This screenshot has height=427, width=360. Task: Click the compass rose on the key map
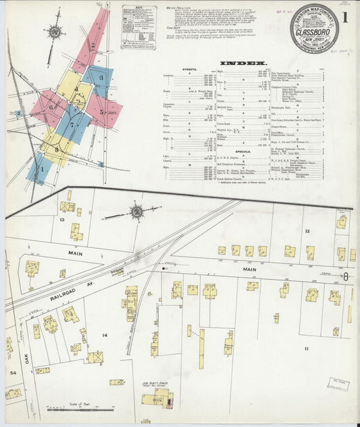pos(53,31)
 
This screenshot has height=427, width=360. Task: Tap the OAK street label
pos(28,359)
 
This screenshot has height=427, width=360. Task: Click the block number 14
pos(104,334)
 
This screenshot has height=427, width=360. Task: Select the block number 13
pos(61,220)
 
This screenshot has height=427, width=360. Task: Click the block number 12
pos(307,231)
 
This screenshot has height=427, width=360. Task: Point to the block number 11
pos(305,348)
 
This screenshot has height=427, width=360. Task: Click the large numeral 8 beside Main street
pos(346,276)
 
